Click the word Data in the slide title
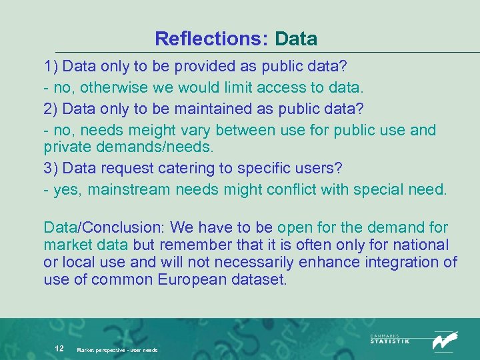296,39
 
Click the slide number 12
59,348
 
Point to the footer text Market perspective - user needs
117,349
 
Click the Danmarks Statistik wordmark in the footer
390,339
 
